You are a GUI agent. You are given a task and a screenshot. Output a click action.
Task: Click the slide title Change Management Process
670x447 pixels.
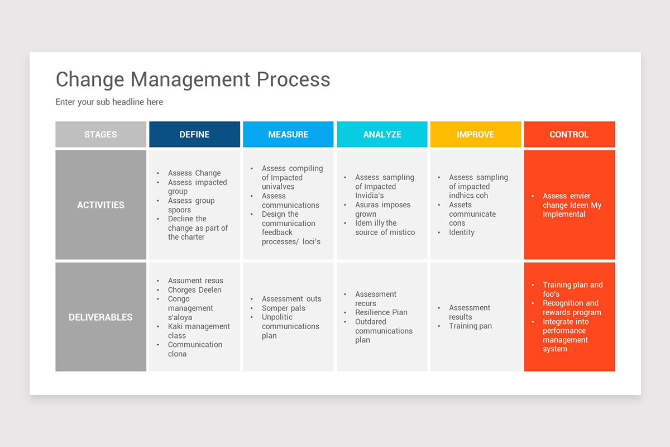193,79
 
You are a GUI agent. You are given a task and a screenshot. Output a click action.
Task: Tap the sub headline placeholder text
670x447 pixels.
109,102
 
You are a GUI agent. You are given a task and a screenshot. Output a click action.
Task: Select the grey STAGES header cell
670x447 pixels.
100,135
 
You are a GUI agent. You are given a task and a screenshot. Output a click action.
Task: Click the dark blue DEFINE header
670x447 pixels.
194,135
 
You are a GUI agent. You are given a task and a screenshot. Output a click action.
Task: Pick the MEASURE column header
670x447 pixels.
288,135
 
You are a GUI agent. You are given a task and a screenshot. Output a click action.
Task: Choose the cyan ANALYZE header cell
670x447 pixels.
382,135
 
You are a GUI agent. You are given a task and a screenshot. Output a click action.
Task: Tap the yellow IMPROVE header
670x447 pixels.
476,135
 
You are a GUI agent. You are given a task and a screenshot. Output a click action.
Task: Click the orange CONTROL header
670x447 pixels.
569,135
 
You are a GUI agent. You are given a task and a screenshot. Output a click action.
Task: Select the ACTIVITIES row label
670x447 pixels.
100,205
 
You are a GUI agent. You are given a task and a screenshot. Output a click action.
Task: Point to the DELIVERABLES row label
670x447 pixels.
100,317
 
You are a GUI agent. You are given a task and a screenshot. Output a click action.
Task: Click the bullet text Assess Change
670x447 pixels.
194,173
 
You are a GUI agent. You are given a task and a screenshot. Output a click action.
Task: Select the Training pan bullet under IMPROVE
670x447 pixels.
470,326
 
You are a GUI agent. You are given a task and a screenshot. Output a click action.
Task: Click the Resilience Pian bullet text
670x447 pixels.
381,312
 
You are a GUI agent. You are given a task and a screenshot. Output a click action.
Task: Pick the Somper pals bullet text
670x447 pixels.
284,308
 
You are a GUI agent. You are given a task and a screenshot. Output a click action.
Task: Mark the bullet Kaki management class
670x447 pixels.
198,331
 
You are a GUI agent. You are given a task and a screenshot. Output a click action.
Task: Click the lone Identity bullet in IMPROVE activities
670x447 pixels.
462,232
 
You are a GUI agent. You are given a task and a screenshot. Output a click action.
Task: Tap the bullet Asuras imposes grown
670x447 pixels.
382,210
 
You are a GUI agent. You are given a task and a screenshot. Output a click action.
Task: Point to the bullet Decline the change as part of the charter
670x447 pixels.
198,228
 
